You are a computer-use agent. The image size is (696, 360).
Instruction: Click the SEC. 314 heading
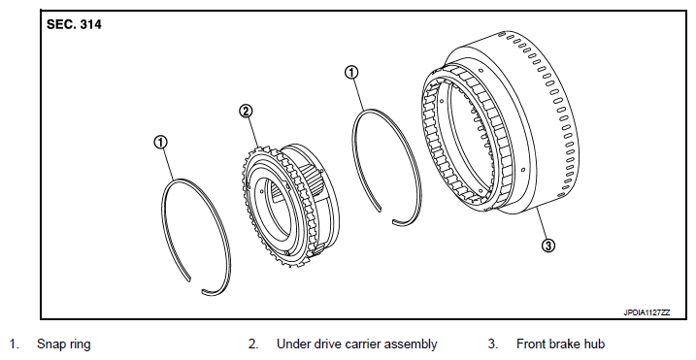pyautogui.click(x=74, y=24)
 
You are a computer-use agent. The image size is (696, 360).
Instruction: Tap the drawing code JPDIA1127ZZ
pyautogui.click(x=646, y=312)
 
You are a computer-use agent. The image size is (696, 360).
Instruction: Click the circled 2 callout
pyautogui.click(x=247, y=111)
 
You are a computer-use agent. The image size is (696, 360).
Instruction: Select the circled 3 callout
pyautogui.click(x=549, y=245)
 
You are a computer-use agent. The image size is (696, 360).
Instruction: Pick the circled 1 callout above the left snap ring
pyautogui.click(x=161, y=142)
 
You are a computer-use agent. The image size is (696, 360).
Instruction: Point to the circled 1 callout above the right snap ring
pyautogui.click(x=351, y=73)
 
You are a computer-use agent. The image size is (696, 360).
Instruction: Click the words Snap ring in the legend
pyautogui.click(x=64, y=344)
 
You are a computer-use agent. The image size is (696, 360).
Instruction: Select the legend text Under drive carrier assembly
pyautogui.click(x=357, y=344)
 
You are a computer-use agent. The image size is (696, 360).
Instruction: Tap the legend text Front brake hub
pyautogui.click(x=561, y=344)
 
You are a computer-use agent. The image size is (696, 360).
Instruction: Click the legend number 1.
pyautogui.click(x=15, y=344)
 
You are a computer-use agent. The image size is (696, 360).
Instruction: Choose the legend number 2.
pyautogui.click(x=253, y=344)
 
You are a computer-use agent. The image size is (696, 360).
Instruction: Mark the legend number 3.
pyautogui.click(x=493, y=344)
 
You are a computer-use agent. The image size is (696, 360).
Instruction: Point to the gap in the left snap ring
pyautogui.click(x=196, y=285)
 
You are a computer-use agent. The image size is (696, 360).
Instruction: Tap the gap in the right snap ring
pyautogui.click(x=386, y=214)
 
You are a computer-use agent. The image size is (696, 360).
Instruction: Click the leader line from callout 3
pyautogui.click(x=542, y=225)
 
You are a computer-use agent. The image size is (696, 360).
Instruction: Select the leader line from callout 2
pyautogui.click(x=253, y=132)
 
